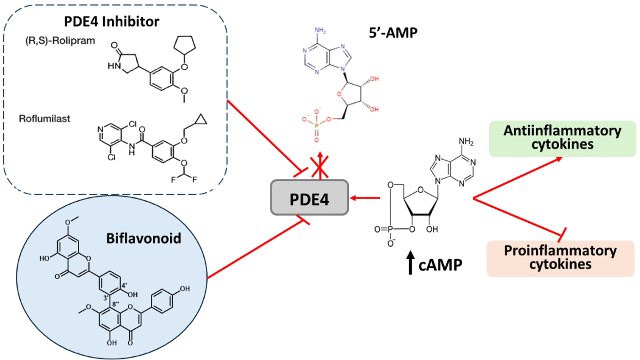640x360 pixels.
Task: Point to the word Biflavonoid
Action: (152, 239)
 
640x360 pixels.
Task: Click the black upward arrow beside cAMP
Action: (410, 264)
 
